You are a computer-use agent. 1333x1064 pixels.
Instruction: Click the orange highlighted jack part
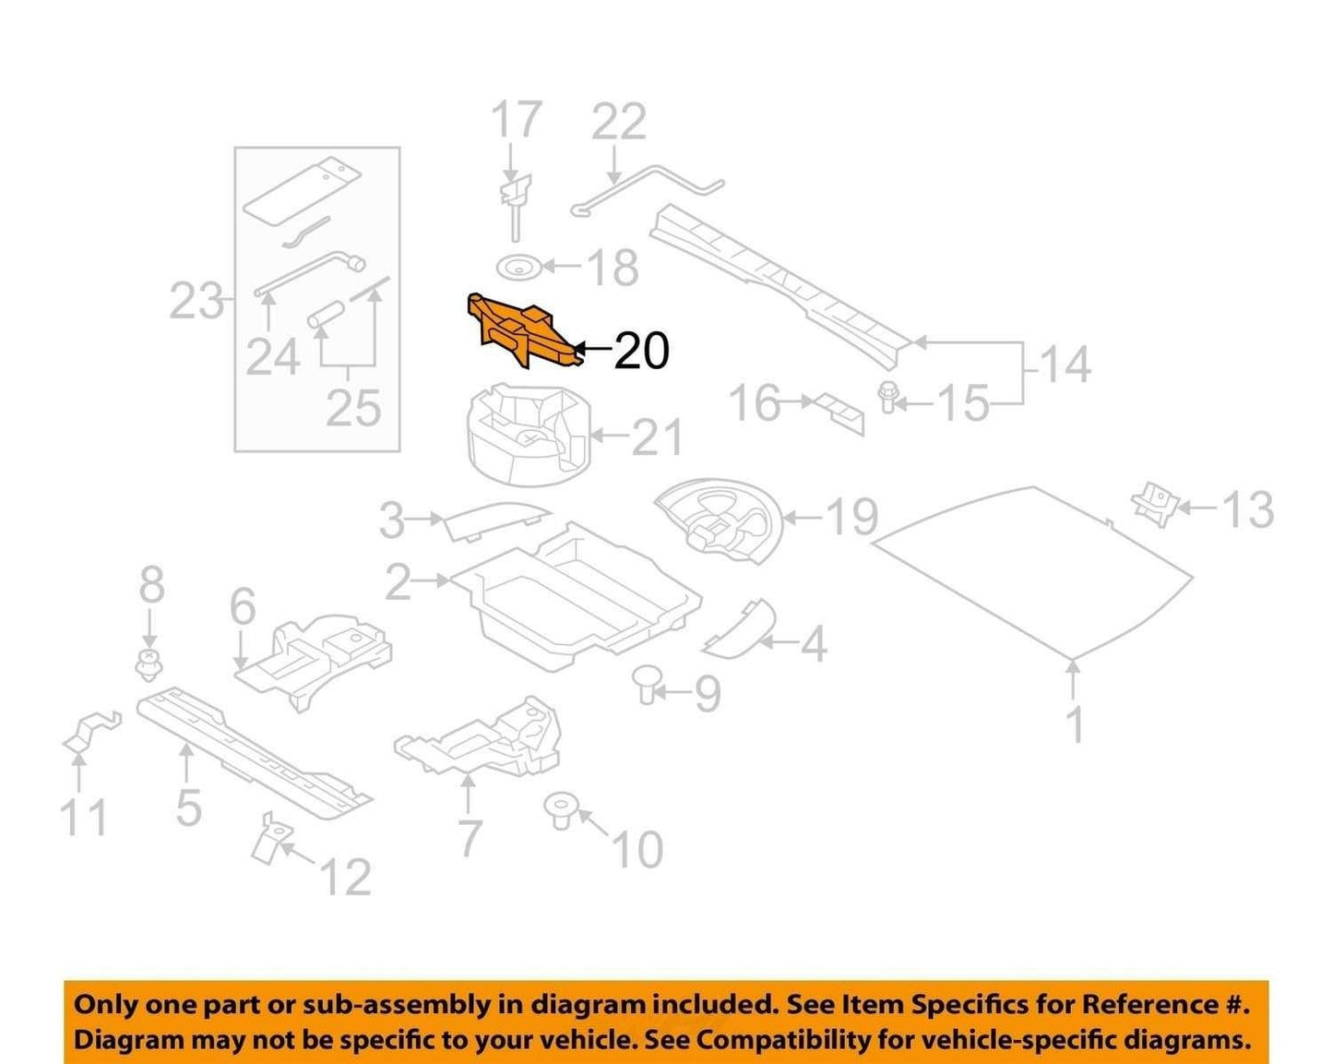pyautogui.click(x=523, y=331)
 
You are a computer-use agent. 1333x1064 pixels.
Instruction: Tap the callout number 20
pyautogui.click(x=642, y=352)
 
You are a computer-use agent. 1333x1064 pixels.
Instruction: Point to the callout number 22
pyautogui.click(x=619, y=122)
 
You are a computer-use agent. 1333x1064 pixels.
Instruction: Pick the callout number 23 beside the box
pyautogui.click(x=196, y=301)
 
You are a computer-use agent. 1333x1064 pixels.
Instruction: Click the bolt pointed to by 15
pyautogui.click(x=887, y=397)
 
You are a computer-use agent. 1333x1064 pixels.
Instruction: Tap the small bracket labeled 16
pyautogui.click(x=839, y=414)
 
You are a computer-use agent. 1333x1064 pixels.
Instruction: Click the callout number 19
pyautogui.click(x=852, y=517)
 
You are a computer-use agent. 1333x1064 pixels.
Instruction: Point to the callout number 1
pyautogui.click(x=1076, y=723)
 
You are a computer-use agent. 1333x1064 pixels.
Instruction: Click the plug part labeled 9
pyautogui.click(x=646, y=684)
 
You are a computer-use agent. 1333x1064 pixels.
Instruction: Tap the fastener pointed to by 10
pyautogui.click(x=561, y=812)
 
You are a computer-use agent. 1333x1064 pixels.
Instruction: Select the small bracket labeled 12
pyautogui.click(x=270, y=837)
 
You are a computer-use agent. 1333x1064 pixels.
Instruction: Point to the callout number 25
pyautogui.click(x=353, y=409)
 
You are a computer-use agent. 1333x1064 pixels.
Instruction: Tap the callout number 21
pyautogui.click(x=657, y=436)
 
